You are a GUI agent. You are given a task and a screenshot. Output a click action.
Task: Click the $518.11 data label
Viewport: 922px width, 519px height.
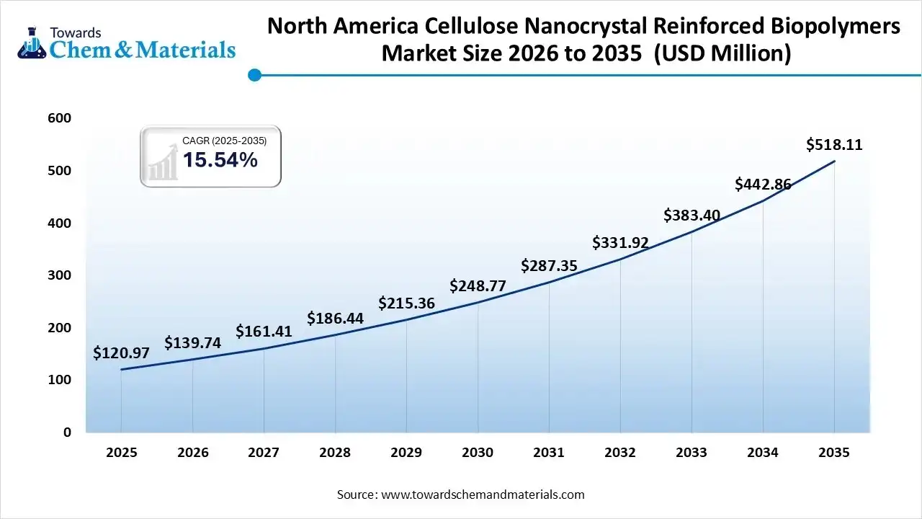pos(834,145)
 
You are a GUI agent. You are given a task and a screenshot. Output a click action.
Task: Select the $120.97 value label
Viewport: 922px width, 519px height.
pos(121,353)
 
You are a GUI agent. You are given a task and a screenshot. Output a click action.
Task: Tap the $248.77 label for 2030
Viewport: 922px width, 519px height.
pos(478,286)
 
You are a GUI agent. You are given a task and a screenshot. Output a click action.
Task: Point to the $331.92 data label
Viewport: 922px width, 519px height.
pos(620,242)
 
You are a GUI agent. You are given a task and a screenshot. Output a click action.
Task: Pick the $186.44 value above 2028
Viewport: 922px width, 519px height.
pos(335,318)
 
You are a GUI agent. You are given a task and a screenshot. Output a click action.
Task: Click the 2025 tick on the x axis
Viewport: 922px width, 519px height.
pos(121,453)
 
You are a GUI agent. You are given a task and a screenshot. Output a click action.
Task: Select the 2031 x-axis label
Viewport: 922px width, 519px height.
pos(549,453)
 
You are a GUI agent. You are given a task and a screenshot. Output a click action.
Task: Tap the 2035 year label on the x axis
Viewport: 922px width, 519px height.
pos(834,453)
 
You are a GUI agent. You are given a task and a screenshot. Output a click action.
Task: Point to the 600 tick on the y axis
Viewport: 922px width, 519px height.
pos(61,118)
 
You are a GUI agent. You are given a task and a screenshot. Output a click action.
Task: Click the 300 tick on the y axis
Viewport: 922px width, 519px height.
pos(61,275)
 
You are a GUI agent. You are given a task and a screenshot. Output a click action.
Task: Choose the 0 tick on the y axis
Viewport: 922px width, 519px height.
pos(67,432)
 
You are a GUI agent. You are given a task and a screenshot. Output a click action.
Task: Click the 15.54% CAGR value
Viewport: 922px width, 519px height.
pos(220,160)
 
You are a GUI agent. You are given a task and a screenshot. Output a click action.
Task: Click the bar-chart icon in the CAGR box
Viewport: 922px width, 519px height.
pos(162,162)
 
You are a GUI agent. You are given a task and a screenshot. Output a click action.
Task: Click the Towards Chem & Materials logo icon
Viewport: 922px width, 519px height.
pos(31,42)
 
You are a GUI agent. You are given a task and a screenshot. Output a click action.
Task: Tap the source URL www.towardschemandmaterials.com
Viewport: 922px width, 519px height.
pos(482,494)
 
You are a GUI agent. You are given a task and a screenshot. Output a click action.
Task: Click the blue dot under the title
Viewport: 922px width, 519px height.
pos(254,74)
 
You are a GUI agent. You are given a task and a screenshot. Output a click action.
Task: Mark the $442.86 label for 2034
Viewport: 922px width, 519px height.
pos(763,185)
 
